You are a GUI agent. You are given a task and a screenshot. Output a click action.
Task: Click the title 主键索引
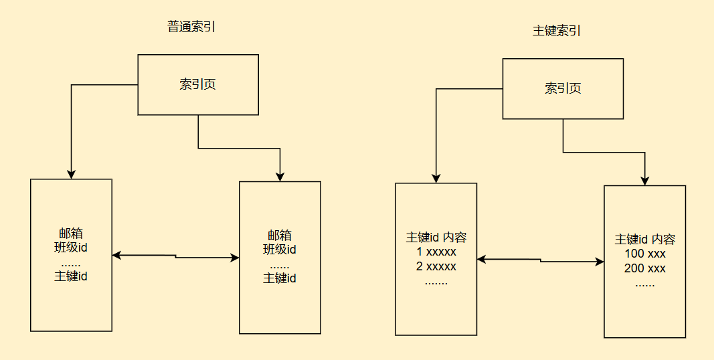click(x=557, y=31)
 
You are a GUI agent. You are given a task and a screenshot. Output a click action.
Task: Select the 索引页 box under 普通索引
click(x=198, y=85)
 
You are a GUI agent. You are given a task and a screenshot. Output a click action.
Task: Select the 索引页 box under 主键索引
click(x=563, y=88)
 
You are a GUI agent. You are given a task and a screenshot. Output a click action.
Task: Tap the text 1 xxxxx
click(x=436, y=252)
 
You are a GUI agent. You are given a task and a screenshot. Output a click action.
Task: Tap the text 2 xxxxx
click(x=436, y=266)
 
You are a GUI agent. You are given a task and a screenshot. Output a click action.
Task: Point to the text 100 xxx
click(x=644, y=254)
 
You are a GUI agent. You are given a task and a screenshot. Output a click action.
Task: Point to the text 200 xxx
click(x=644, y=269)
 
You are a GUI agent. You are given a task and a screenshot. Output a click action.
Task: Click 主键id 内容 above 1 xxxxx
click(x=436, y=237)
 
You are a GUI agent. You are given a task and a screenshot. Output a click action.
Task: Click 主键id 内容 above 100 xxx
click(x=644, y=240)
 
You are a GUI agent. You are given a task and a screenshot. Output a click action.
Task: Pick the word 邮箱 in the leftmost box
click(x=71, y=234)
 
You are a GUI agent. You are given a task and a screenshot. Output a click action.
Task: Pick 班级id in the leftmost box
click(x=71, y=248)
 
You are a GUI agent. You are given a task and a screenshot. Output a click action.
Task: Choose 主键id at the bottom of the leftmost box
click(x=71, y=276)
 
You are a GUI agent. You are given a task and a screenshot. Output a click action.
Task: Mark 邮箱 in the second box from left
click(x=280, y=236)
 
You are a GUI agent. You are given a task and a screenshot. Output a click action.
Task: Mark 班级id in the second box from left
click(x=280, y=250)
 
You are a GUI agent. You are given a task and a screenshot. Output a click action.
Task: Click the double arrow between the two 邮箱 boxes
click(x=175, y=256)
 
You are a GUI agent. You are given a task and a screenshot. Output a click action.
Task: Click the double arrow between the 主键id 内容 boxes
click(x=540, y=260)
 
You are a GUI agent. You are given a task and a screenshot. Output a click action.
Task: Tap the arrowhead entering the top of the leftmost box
click(x=71, y=174)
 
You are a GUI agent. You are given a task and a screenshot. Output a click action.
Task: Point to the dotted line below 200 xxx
click(x=644, y=284)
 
